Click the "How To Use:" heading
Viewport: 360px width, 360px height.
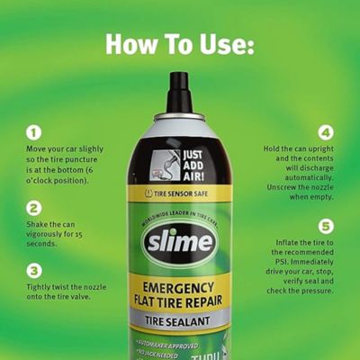(x=179, y=44)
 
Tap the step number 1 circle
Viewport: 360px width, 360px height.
(x=34, y=132)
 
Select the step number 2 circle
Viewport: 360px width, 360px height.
(x=34, y=208)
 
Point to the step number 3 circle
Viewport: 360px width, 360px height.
(x=34, y=270)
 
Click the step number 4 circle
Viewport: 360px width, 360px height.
(x=326, y=132)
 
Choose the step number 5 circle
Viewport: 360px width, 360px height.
(x=326, y=226)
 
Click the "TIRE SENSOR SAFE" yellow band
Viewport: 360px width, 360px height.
(x=179, y=193)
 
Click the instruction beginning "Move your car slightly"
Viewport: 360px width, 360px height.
(x=67, y=164)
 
